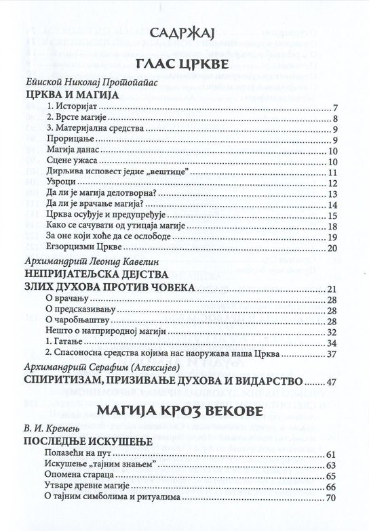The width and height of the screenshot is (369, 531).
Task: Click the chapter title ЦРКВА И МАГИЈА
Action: (66, 95)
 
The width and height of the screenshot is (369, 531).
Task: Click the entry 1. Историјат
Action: (74, 108)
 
